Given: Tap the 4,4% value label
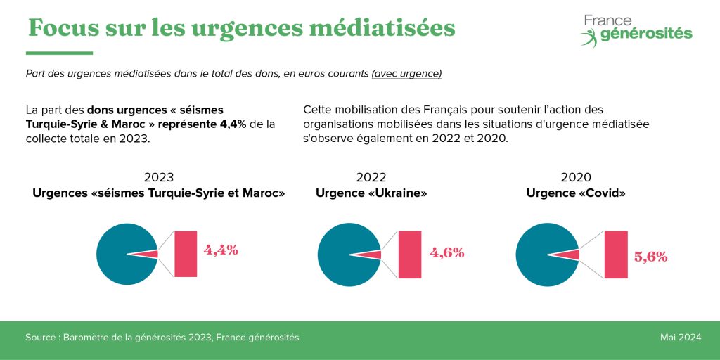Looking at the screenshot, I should tap(221, 250).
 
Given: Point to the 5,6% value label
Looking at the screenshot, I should tap(650, 257).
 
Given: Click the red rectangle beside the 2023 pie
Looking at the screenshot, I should tap(186, 254).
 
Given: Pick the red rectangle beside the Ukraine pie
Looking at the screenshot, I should tap(410, 254).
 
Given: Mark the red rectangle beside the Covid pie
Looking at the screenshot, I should tap(615, 254).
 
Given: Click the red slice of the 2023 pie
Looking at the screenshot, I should tap(150, 254).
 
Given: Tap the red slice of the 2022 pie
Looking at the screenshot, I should tap(373, 255).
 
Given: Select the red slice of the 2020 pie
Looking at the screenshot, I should tap(572, 255).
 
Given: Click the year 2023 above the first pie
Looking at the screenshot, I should tap(159, 177).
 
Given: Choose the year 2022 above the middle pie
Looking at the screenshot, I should tap(371, 177).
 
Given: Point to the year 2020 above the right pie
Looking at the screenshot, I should tap(576, 177).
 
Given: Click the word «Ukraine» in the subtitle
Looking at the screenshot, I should tap(400, 193).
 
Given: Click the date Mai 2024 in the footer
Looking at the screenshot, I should tap(681, 337).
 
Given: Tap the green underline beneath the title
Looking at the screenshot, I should tap(59, 53).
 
